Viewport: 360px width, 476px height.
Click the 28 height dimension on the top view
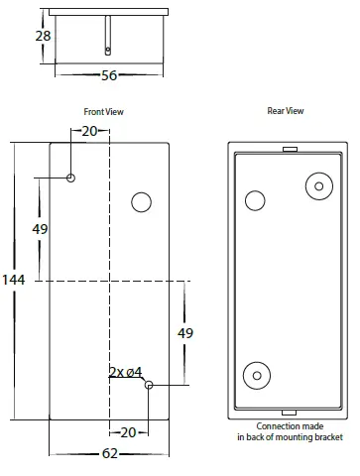tap(43, 36)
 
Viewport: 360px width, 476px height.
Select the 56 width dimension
tap(109, 75)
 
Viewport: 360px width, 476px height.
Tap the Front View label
tap(103, 112)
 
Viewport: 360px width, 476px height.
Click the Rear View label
tap(286, 111)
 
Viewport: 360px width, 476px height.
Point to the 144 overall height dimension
tap(14, 280)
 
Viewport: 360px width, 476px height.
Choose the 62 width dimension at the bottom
tap(110, 453)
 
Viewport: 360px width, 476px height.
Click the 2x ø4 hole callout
tap(126, 373)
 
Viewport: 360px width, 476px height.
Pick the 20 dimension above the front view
tap(89, 131)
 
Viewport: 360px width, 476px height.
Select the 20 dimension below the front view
tap(128, 432)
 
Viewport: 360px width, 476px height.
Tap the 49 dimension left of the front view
tap(40, 229)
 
